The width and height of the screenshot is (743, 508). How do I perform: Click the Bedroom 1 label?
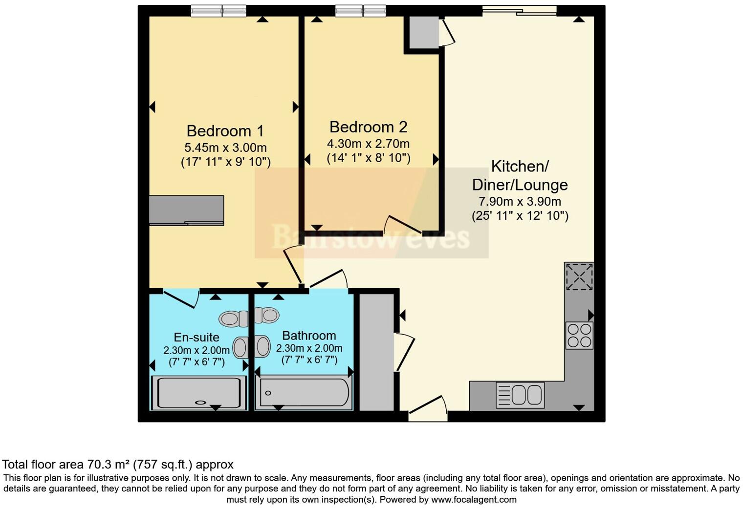click(225, 131)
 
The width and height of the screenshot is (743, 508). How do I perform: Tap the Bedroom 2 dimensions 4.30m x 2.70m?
click(368, 144)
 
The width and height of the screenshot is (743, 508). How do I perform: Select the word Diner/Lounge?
click(520, 185)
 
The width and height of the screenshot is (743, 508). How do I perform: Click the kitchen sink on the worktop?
click(520, 395)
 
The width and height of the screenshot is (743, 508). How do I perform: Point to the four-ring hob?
click(579, 336)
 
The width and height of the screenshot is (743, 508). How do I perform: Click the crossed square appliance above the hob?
click(579, 277)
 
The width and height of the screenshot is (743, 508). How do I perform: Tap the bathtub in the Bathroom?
click(304, 393)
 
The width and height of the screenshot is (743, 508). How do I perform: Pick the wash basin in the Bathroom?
click(262, 347)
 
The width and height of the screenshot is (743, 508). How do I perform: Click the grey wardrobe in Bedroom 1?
click(186, 210)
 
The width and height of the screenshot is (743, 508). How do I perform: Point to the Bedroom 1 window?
click(218, 11)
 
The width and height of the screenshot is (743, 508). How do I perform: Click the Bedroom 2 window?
click(361, 11)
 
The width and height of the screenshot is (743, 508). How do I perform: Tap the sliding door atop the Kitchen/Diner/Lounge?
click(519, 10)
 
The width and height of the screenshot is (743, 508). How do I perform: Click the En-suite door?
click(181, 298)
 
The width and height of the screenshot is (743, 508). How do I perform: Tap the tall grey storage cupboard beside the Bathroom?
click(376, 352)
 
